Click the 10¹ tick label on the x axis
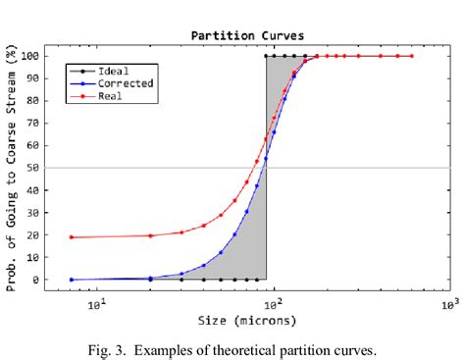click(x=97, y=305)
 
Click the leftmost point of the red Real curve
click(x=72, y=237)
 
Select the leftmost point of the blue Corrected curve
click(x=72, y=280)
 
